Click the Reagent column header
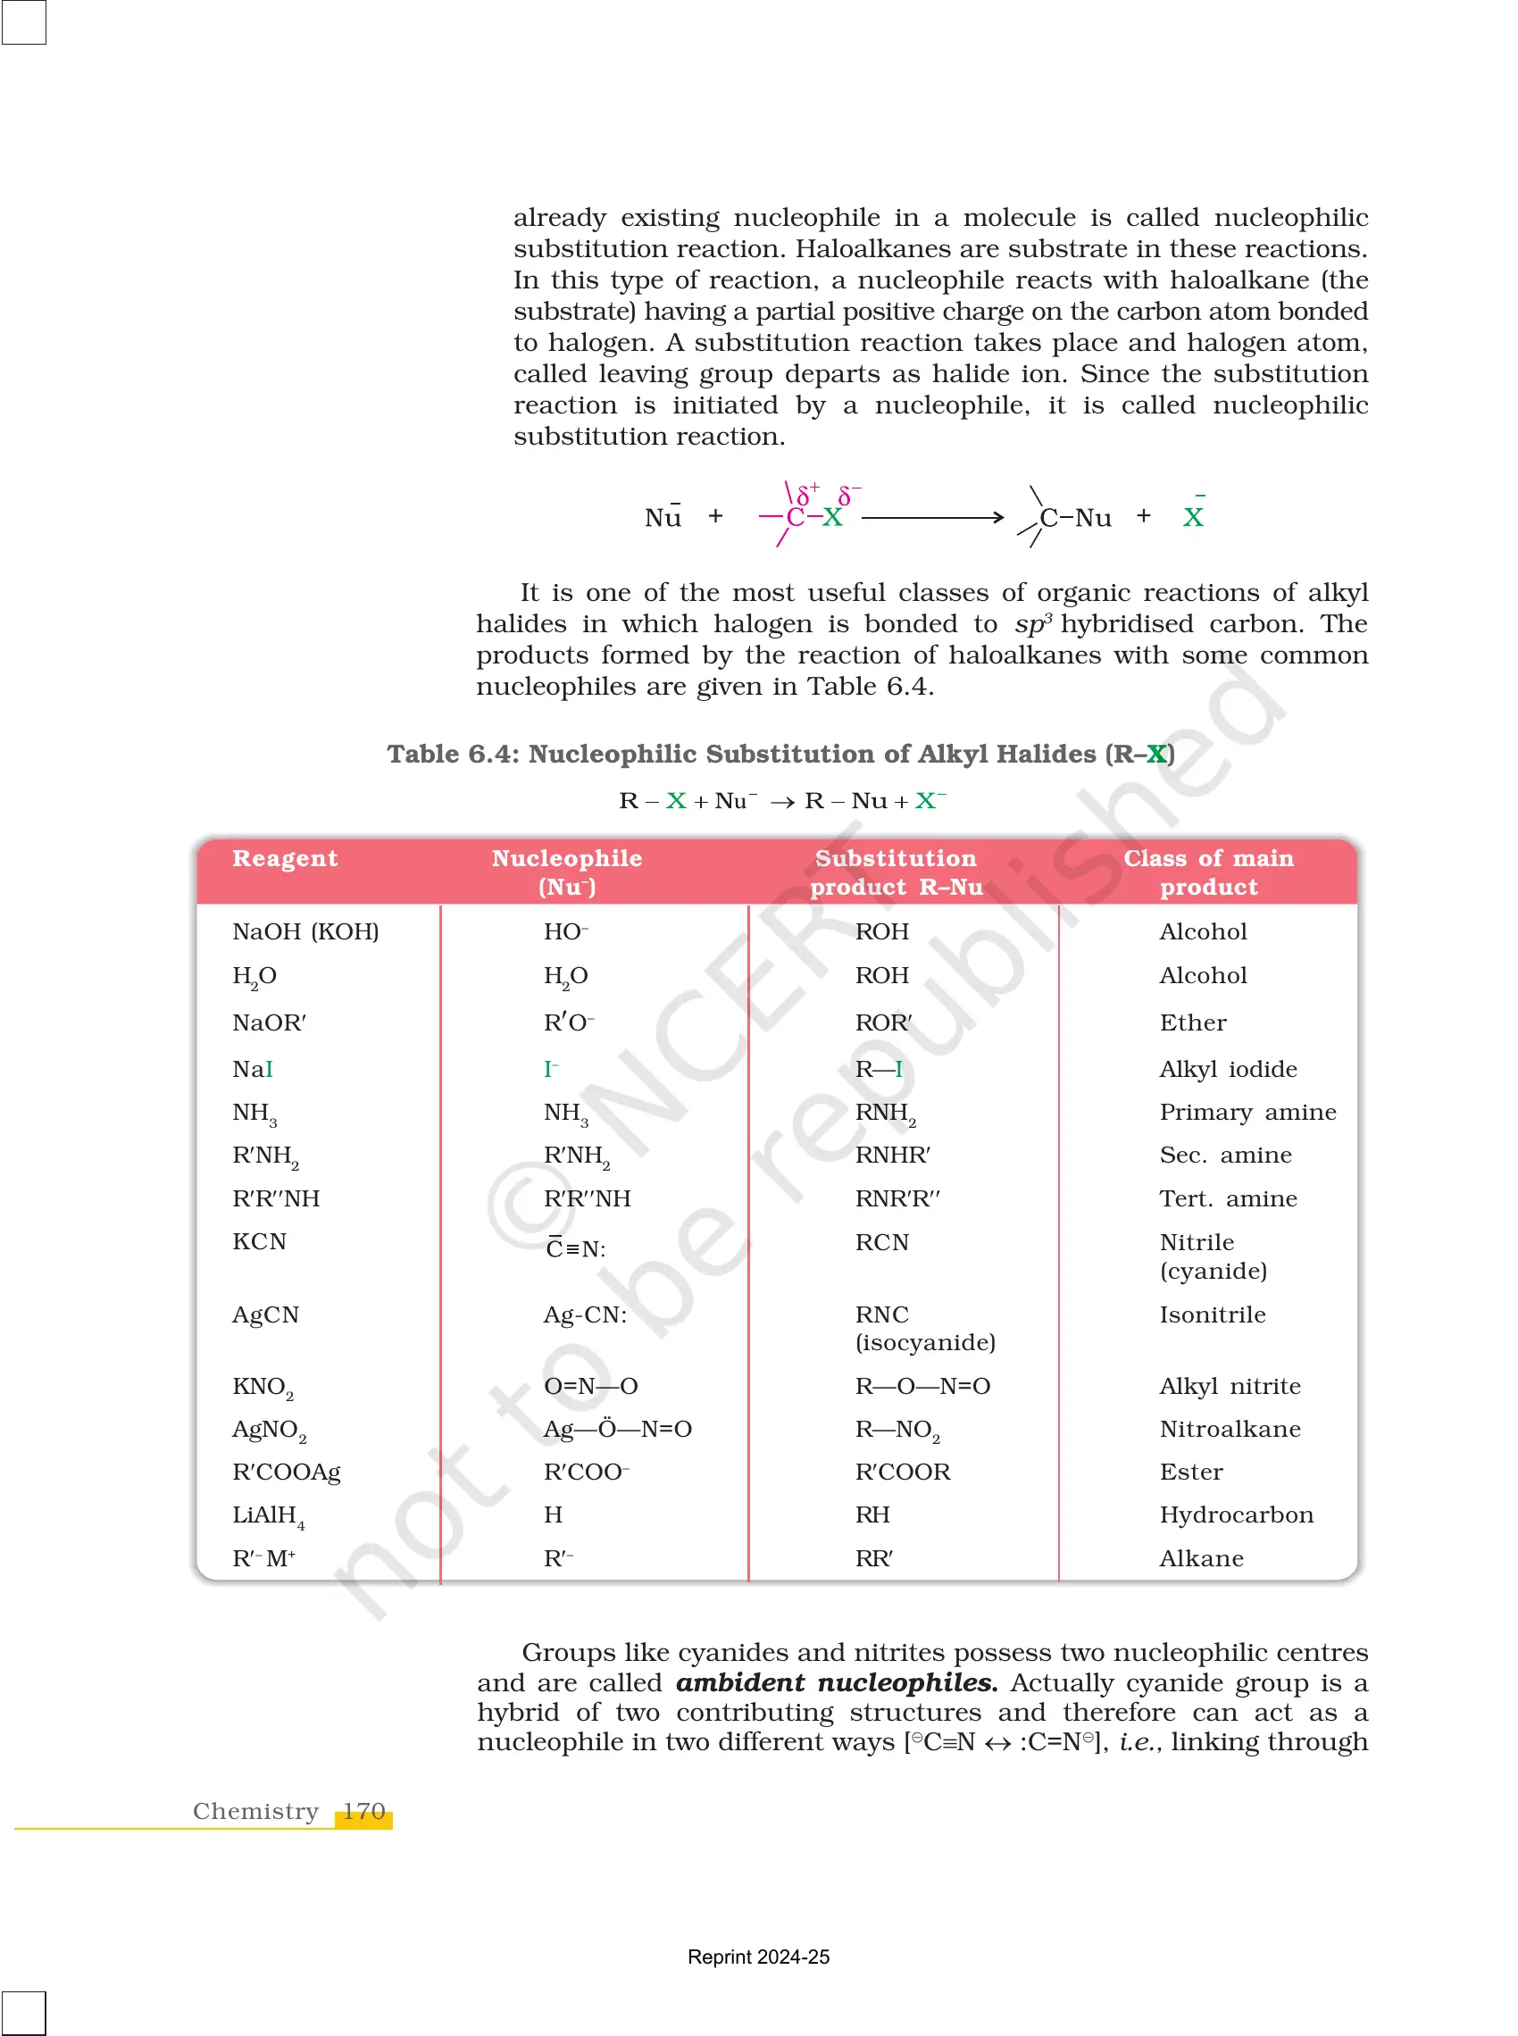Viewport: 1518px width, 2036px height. [x=285, y=858]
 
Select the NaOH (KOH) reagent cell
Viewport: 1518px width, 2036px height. [x=305, y=931]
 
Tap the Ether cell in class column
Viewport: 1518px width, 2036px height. [x=1192, y=1022]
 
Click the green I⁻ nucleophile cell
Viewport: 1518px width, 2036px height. [x=550, y=1069]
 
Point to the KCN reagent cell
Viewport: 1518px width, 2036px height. [x=259, y=1241]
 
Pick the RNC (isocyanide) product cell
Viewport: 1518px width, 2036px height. [x=924, y=1328]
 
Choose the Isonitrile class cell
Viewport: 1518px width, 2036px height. [x=1211, y=1314]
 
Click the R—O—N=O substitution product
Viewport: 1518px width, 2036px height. [x=922, y=1386]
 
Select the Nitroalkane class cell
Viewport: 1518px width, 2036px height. [x=1229, y=1429]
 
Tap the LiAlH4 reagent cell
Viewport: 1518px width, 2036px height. [x=267, y=1515]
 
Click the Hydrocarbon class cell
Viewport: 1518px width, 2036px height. [x=1235, y=1514]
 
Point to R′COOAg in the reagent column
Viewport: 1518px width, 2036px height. [x=286, y=1472]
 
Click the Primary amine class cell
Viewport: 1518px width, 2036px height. [x=1247, y=1112]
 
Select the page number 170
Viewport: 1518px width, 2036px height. [x=364, y=1811]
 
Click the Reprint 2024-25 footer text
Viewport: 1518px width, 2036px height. [x=758, y=1956]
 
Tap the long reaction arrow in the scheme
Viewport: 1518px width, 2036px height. [x=931, y=517]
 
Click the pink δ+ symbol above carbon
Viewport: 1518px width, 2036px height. [x=807, y=494]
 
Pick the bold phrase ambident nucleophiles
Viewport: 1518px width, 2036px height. [x=836, y=1682]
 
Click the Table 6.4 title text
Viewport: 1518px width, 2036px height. [x=780, y=754]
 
